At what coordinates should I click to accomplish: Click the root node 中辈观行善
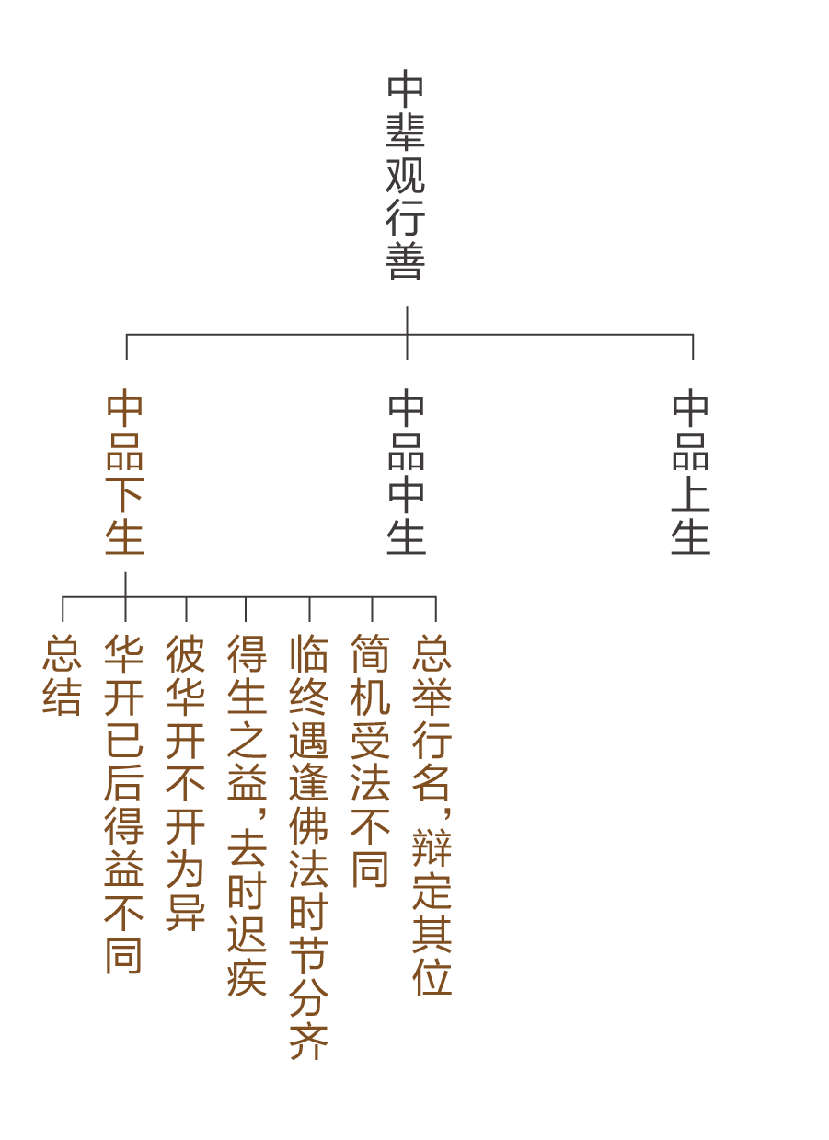(406, 176)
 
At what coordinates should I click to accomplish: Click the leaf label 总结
(62, 675)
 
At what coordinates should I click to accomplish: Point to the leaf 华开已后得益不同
(124, 804)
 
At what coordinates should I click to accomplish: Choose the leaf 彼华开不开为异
(186, 782)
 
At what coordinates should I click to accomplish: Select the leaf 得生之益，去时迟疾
(247, 815)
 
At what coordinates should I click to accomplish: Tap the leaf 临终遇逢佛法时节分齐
(309, 846)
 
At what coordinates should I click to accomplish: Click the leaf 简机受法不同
(371, 760)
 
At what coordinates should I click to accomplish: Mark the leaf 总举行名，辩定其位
(432, 815)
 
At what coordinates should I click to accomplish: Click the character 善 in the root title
(406, 261)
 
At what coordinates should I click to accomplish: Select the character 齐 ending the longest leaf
(309, 1040)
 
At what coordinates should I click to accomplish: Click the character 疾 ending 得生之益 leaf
(247, 977)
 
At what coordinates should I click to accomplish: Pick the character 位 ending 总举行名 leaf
(432, 977)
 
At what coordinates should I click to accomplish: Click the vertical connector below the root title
(407, 320)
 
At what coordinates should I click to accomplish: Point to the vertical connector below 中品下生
(125, 584)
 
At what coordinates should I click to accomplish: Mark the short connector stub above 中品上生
(693, 347)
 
